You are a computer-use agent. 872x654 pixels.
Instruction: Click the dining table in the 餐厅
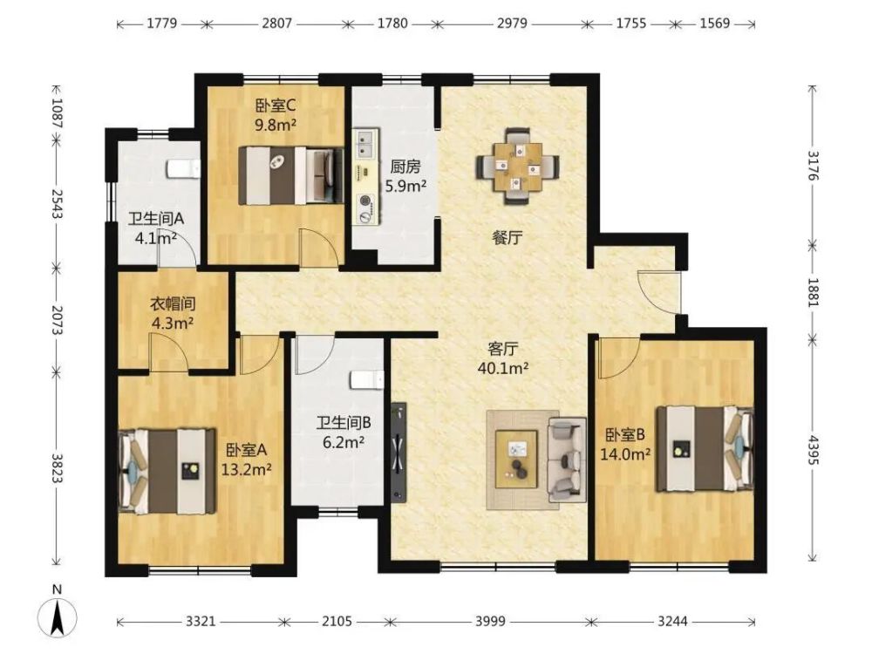(518, 167)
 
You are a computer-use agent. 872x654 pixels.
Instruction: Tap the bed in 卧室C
(290, 174)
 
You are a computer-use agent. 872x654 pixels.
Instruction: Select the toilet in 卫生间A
(183, 168)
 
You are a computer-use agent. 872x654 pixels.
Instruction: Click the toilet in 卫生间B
(367, 380)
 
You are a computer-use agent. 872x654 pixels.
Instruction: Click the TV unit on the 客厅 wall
(399, 452)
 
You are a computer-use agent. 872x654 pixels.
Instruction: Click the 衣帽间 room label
(173, 303)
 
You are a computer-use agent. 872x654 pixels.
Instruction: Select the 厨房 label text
(405, 167)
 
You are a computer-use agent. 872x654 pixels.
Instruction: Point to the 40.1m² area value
(503, 368)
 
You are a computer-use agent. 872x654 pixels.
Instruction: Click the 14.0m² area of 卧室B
(625, 454)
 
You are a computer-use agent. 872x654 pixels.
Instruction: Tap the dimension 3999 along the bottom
(490, 621)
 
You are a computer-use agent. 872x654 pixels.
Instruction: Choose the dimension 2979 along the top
(512, 24)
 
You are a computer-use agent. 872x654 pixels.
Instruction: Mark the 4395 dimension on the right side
(813, 450)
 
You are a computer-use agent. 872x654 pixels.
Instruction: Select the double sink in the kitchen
(364, 144)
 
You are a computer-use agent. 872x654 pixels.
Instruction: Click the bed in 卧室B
(705, 449)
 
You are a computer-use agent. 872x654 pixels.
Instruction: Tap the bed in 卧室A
(168, 471)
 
